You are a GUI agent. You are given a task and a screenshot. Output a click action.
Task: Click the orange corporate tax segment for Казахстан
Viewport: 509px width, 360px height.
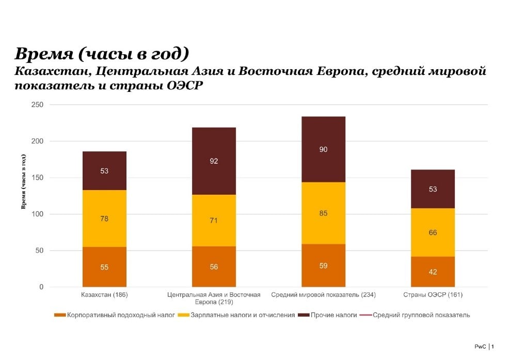point(104,267)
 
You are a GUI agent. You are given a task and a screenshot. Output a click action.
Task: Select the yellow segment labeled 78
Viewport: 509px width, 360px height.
point(104,218)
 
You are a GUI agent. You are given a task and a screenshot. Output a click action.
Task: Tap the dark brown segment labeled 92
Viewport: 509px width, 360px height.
point(214,161)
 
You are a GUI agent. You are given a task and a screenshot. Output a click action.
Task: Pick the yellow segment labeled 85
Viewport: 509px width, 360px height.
point(323,213)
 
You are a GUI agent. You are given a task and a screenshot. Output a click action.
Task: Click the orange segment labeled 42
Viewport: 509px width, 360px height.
point(433,272)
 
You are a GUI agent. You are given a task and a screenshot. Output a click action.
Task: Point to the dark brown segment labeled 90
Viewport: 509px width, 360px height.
point(323,149)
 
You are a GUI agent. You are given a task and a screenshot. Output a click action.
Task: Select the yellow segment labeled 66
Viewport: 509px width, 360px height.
point(433,232)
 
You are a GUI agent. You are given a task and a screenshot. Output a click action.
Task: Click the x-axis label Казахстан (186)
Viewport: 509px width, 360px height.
point(104,295)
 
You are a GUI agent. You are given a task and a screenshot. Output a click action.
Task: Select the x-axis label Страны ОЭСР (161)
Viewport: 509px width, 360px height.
point(433,295)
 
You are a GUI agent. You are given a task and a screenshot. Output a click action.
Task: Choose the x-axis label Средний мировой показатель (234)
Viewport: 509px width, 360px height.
point(323,295)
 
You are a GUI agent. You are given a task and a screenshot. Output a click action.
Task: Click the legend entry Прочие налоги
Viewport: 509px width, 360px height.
point(333,315)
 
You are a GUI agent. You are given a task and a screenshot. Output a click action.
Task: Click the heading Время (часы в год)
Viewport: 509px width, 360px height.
point(102,54)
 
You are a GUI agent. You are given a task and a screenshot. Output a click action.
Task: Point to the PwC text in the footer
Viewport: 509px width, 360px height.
point(480,347)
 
